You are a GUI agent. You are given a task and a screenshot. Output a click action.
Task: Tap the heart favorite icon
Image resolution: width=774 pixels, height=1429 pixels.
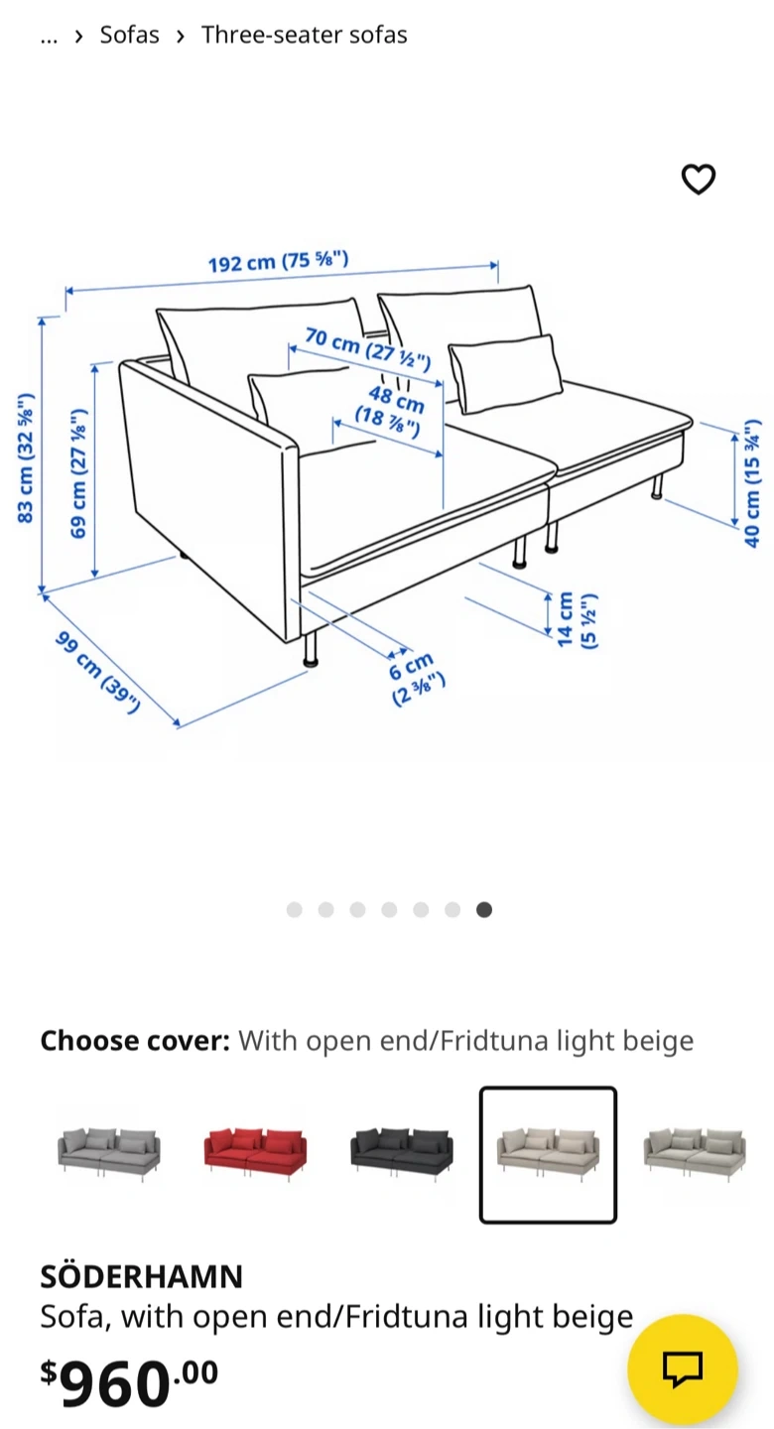click(699, 179)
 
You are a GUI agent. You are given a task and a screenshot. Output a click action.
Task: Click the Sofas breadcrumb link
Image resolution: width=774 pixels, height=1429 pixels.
click(130, 35)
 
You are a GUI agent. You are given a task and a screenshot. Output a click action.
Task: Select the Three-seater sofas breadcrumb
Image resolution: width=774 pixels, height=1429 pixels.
click(305, 35)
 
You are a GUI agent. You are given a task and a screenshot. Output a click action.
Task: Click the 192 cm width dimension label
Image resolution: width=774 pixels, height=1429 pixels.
click(278, 262)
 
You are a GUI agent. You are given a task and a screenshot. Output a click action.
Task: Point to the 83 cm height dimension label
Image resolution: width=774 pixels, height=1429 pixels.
click(26, 458)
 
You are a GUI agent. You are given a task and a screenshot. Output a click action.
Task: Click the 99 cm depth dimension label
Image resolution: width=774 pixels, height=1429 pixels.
click(97, 673)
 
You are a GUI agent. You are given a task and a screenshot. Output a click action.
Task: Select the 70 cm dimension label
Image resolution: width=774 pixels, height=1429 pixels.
click(368, 348)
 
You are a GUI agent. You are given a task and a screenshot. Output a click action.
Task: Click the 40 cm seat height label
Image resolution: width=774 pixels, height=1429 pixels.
click(753, 482)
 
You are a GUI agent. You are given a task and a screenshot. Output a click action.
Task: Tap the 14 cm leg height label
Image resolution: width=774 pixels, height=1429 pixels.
click(577, 619)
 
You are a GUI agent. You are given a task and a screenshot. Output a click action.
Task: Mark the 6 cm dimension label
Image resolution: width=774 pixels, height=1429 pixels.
click(416, 678)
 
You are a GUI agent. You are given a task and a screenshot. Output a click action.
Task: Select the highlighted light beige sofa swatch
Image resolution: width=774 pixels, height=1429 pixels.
click(548, 1155)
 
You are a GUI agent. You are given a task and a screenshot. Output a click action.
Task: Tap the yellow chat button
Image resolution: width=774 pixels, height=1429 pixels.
click(683, 1368)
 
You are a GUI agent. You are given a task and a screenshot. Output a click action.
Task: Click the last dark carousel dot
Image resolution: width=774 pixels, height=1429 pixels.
click(484, 909)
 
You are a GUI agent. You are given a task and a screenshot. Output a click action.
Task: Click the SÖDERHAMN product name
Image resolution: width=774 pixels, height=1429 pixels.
click(142, 1276)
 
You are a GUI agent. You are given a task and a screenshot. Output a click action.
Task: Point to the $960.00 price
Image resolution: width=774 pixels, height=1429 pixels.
click(130, 1380)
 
